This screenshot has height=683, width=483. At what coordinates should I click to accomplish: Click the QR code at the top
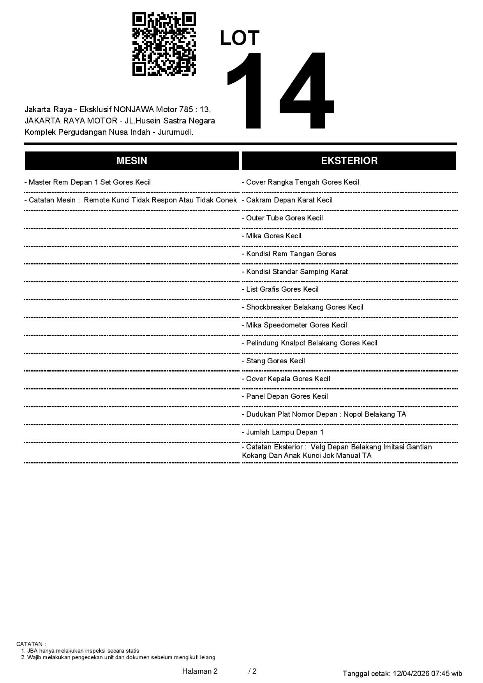[x=164, y=44]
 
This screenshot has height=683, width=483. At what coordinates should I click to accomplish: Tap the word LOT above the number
[x=240, y=38]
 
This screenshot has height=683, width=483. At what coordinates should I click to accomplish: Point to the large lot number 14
[x=279, y=91]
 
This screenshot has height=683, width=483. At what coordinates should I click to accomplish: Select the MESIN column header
[x=132, y=160]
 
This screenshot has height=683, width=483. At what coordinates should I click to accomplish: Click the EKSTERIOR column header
[x=349, y=160]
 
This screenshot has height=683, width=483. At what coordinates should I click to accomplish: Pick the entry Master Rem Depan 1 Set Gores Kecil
[x=88, y=182]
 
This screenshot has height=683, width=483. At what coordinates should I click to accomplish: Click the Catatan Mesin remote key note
[x=130, y=200]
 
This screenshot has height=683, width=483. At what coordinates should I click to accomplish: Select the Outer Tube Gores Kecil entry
[x=282, y=218]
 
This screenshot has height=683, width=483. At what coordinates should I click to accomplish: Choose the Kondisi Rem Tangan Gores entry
[x=289, y=254]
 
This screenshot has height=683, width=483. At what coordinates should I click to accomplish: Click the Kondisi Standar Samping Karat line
[x=295, y=272]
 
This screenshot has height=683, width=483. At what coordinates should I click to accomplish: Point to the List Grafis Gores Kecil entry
[x=280, y=289]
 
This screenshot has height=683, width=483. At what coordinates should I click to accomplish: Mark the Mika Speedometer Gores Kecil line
[x=294, y=325]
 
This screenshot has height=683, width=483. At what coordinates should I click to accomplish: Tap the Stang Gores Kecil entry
[x=273, y=361]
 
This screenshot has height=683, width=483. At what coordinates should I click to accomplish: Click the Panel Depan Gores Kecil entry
[x=285, y=396]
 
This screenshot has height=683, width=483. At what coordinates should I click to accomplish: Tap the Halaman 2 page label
[x=200, y=671]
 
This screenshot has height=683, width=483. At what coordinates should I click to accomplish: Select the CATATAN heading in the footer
[x=31, y=644]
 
